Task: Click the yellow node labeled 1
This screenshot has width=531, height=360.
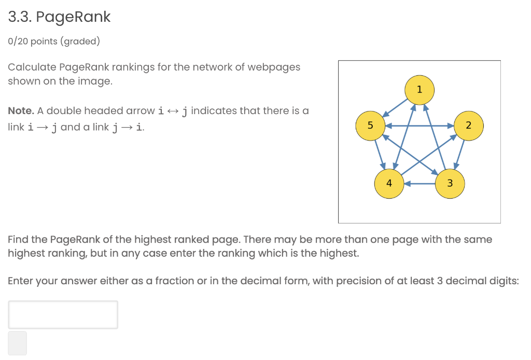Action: [x=419, y=89]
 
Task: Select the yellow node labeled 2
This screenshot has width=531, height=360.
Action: [x=469, y=125]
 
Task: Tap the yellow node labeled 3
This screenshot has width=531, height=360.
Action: [x=450, y=183]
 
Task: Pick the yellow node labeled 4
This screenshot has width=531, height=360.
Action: [x=389, y=183]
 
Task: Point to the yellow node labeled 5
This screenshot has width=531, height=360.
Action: [x=370, y=125]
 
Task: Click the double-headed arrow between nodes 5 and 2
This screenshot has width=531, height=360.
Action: [x=419, y=125]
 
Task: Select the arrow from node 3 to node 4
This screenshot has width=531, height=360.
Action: [x=420, y=183]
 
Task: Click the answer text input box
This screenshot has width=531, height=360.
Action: [x=63, y=314]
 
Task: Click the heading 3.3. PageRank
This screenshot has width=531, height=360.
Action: [x=60, y=17]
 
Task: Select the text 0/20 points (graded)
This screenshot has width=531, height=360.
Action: [x=54, y=41]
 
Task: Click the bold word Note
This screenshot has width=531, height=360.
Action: [x=21, y=111]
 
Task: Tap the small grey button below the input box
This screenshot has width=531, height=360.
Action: [x=18, y=343]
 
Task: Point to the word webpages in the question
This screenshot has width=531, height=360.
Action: [x=273, y=67]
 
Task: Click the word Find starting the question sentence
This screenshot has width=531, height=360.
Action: [x=19, y=240]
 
